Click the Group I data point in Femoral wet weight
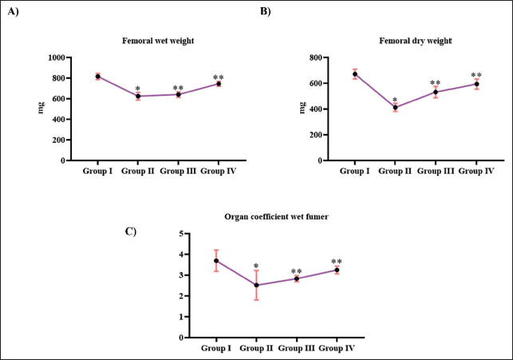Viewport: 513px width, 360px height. pos(97,77)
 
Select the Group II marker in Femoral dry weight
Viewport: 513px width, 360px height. pos(395,107)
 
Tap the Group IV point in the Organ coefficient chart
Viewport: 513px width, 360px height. pos(337,270)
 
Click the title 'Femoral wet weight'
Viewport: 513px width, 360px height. pos(158,41)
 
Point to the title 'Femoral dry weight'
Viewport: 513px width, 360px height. pos(416,41)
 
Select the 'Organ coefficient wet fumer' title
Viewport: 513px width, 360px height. pos(276,216)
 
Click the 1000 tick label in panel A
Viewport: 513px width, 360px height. pos(57,57)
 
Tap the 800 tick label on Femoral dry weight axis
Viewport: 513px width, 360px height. pos(316,57)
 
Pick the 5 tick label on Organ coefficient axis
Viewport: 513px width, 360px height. pos(181,234)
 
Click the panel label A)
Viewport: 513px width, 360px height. pos(14,11)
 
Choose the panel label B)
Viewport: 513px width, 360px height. pos(266,11)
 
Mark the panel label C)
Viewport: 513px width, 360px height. pos(131,231)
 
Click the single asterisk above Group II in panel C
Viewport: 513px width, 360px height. pos(256,266)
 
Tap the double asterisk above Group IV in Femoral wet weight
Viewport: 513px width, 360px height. pos(219,77)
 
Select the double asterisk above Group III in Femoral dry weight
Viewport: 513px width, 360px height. pos(435,82)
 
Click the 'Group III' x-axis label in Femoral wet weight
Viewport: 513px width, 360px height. pos(178,171)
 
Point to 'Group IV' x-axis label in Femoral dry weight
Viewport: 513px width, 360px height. pos(476,171)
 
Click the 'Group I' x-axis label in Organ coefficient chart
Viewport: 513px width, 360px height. pos(216,348)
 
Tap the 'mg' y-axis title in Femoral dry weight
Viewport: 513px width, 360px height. pos(302,108)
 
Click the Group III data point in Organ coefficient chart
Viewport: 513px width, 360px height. pos(297,279)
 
